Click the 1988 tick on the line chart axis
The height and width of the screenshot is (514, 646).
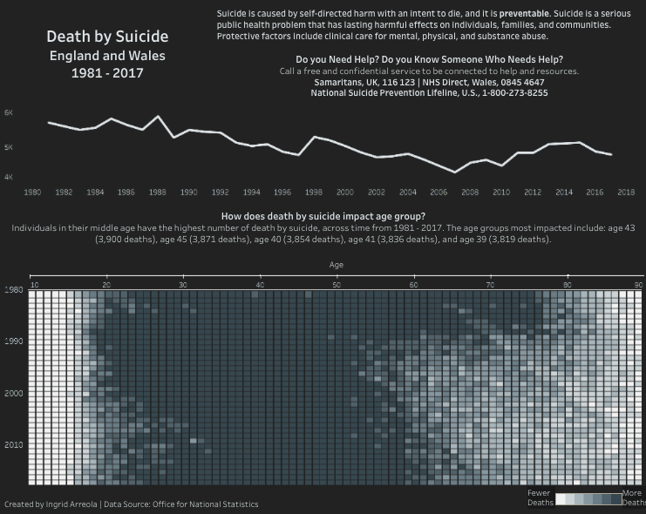coord(158,192)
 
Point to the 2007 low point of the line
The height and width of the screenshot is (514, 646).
coord(454,172)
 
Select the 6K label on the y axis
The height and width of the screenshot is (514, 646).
coord(9,113)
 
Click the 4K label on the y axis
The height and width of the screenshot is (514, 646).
coord(9,177)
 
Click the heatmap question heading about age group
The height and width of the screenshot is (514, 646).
coord(323,215)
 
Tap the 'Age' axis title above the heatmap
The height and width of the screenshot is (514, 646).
coord(337,262)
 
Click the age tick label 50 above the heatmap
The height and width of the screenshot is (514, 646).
coord(337,284)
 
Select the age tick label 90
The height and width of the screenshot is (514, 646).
coord(638,284)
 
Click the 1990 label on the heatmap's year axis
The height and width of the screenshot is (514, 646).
coord(13,342)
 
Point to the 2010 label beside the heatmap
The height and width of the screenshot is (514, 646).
coord(13,444)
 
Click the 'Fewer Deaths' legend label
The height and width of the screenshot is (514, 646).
coord(540,497)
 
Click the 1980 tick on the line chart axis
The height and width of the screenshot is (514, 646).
coord(33,192)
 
